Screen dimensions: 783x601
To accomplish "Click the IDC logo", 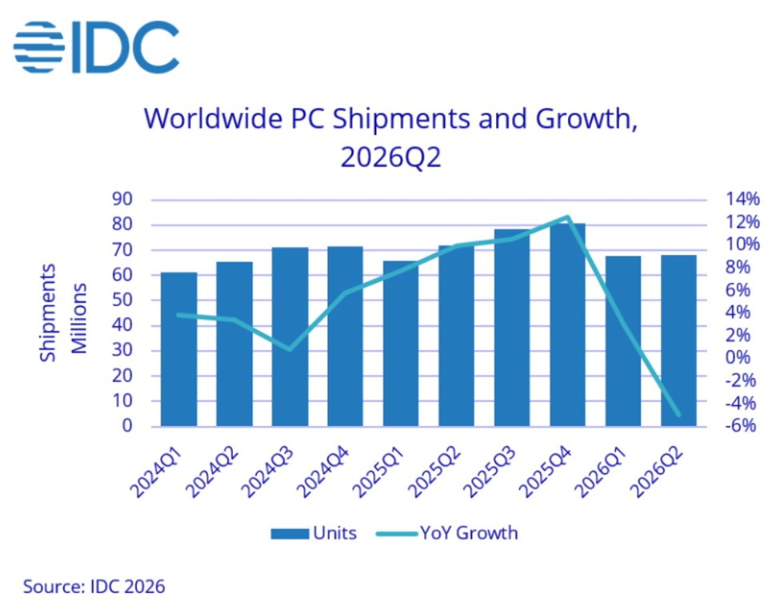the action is (96, 47).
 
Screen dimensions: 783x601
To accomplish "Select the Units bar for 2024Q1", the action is (179, 349).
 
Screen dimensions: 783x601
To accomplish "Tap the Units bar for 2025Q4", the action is (567, 325).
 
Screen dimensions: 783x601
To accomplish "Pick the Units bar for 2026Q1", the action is (623, 341).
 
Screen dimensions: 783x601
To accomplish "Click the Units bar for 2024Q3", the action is (290, 337).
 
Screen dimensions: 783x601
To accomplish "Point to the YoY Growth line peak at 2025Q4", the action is (567, 217).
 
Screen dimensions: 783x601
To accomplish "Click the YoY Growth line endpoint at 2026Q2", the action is (679, 415).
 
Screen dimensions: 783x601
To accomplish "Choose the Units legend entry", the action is (314, 533).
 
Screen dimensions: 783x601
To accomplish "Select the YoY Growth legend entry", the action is (447, 533).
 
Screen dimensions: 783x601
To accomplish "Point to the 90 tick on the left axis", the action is (122, 199).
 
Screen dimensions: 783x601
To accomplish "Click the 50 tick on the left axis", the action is (122, 300).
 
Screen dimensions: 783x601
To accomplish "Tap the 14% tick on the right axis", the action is (743, 199).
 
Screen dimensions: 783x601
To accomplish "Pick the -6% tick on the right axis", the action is (740, 426).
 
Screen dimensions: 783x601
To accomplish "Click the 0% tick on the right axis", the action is (738, 357).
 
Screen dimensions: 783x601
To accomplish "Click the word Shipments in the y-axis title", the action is (48, 313).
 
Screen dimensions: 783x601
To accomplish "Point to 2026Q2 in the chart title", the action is (391, 157).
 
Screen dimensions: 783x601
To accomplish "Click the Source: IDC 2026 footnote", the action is (94, 587).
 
